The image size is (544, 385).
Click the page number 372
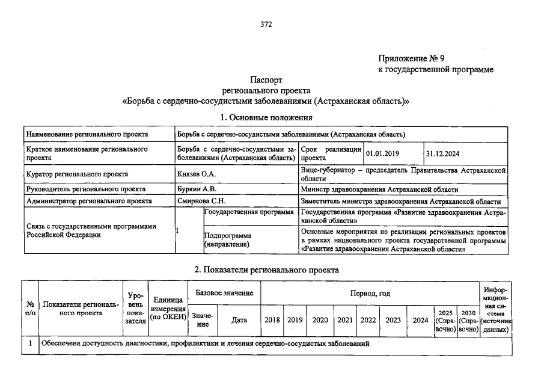pos(266,25)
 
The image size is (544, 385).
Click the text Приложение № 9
pos(411,58)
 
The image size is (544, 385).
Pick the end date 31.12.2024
pos(442,153)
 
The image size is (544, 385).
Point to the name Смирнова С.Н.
pos(201,202)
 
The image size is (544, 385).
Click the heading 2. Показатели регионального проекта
pos(266,270)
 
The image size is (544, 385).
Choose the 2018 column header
pos(272,320)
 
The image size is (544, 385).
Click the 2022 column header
pos(368,320)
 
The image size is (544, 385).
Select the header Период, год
pos(370,293)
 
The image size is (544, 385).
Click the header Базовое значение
pos(224,293)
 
